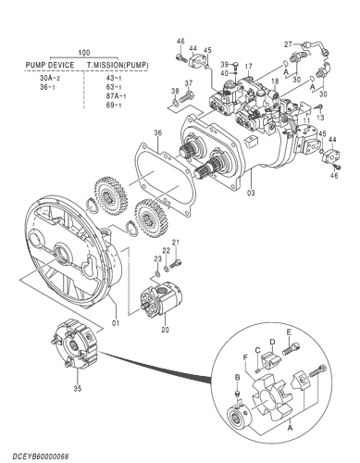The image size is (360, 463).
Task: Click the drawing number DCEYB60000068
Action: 38,454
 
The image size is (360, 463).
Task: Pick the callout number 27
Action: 288,44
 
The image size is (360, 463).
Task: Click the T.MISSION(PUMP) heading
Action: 118,66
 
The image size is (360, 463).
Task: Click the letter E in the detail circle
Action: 289,332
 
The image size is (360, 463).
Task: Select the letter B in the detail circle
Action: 237,379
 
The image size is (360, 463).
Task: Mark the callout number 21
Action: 176,243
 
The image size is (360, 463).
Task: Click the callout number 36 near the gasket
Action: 157,133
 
